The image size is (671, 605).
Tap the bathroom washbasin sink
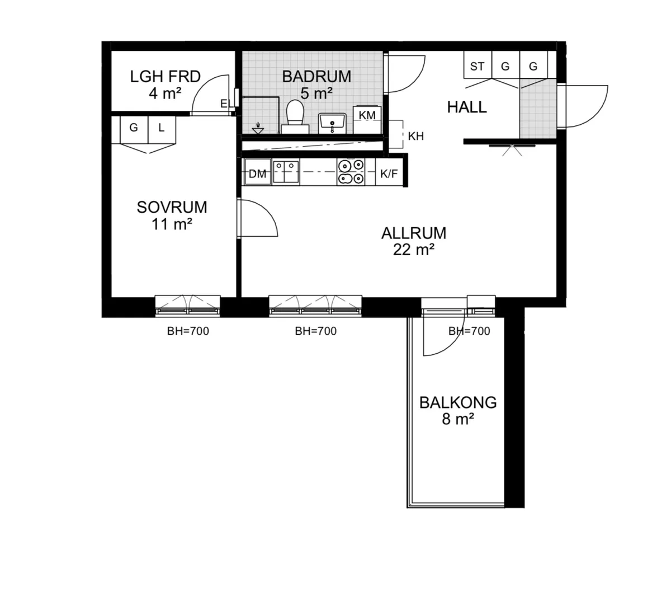(x=332, y=123)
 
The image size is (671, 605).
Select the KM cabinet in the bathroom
(x=367, y=120)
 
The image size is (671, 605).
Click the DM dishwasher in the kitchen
(x=258, y=172)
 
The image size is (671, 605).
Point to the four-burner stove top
(x=351, y=172)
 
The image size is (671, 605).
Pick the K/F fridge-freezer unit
(x=389, y=172)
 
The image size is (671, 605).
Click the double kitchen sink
(x=286, y=172)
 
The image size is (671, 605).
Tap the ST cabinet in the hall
(x=478, y=65)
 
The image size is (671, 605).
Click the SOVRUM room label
(x=172, y=207)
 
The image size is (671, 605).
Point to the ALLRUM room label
(x=414, y=233)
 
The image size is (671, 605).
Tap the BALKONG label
(x=458, y=402)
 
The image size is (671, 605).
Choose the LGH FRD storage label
(x=166, y=76)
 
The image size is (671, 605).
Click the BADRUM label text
(x=317, y=76)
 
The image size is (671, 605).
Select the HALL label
(x=467, y=107)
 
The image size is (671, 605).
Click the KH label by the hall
(x=416, y=136)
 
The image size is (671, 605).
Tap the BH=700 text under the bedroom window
(x=188, y=331)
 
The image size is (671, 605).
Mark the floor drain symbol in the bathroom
(x=258, y=128)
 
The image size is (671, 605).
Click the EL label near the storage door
(x=226, y=104)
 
